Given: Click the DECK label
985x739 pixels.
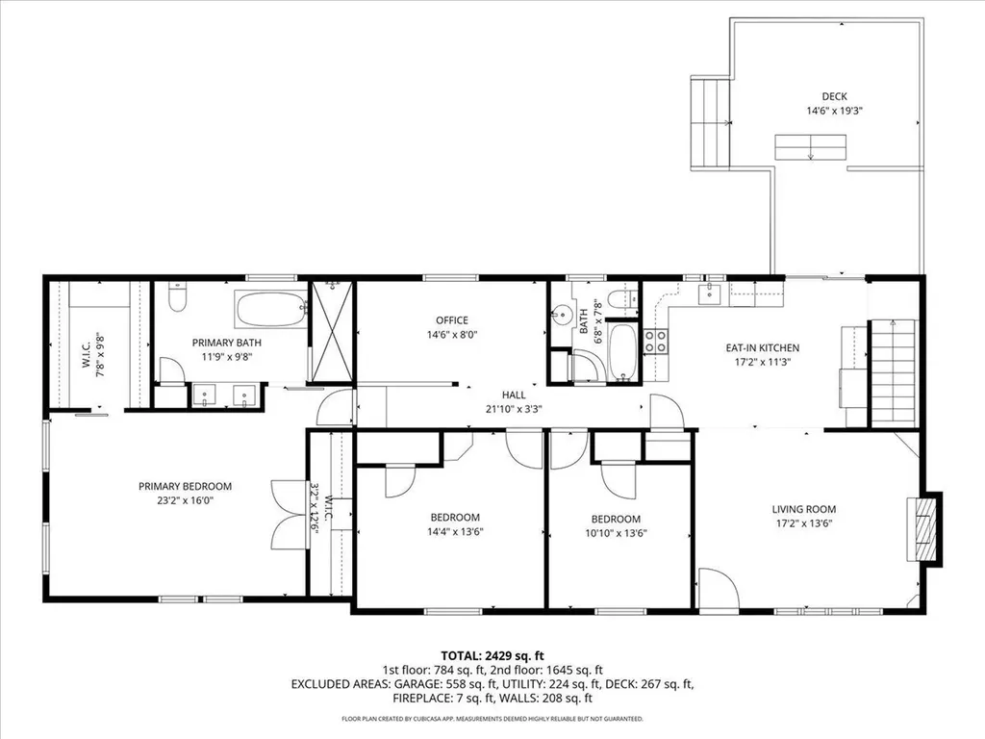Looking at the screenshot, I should tap(834, 96).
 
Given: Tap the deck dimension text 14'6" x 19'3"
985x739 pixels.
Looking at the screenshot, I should tap(834, 111).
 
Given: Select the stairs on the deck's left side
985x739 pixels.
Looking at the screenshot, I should tap(711, 122).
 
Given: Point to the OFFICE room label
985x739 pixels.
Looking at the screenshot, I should tap(451, 320).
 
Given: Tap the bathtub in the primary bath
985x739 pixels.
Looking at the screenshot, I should tap(271, 310).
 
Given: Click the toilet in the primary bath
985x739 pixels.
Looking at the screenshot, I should tap(176, 300).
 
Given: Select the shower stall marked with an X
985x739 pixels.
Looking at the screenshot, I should tap(332, 332).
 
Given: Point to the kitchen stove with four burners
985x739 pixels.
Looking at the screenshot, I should tap(656, 341).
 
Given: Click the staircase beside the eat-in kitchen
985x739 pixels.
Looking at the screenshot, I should tap(893, 372).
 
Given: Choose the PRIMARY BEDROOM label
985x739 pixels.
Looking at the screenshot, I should tap(185, 487).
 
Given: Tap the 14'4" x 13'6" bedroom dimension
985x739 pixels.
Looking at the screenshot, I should tap(453, 532).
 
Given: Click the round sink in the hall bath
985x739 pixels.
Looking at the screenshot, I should tap(563, 315).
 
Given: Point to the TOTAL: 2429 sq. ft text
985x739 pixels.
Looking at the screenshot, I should tap(492, 656).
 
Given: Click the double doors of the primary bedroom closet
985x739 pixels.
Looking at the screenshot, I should tap(287, 515).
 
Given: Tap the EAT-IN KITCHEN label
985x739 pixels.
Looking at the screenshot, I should tap(762, 348).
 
